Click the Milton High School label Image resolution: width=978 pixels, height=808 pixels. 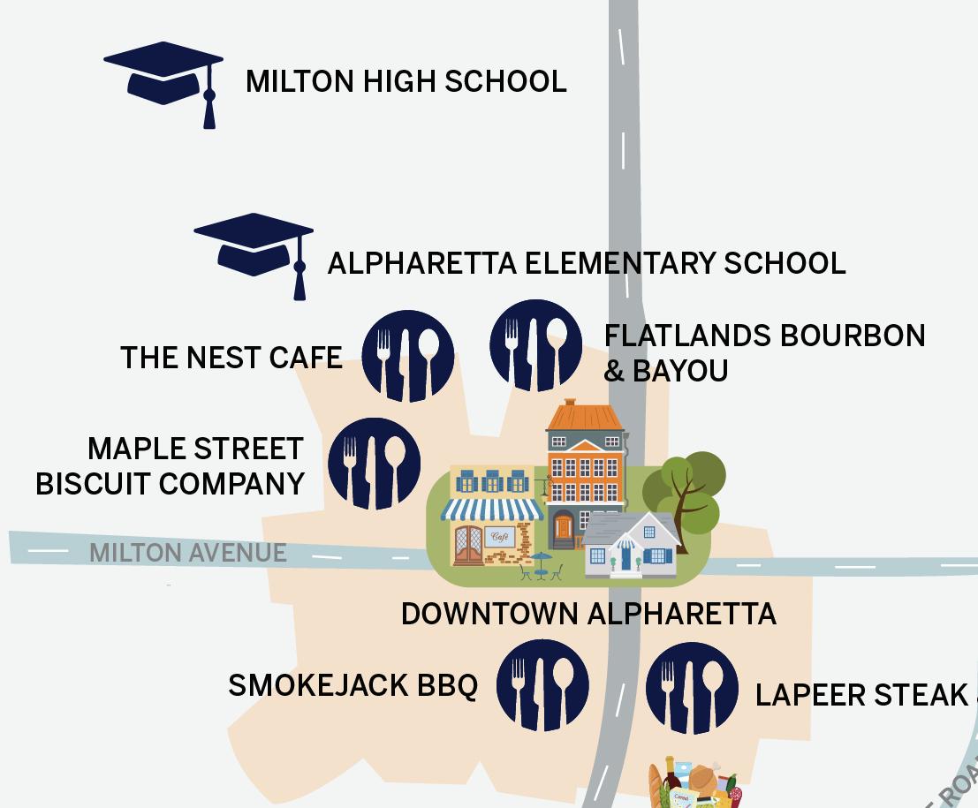click(406, 81)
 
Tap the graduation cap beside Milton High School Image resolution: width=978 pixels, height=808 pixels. click(164, 79)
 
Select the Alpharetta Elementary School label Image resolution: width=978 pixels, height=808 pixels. click(586, 263)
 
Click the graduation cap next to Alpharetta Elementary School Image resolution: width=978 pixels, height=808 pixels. click(254, 251)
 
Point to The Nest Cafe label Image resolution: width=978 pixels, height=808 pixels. click(231, 358)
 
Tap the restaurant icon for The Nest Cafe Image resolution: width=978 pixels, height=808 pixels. click(408, 356)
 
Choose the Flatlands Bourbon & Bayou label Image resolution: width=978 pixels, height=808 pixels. click(763, 352)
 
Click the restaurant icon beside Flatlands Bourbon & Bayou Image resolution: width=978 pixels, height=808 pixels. click(535, 345)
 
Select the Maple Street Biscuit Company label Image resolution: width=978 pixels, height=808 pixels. click(170, 465)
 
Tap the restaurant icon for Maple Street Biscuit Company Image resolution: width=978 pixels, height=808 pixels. click(374, 464)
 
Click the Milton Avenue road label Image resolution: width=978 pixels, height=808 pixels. click(187, 553)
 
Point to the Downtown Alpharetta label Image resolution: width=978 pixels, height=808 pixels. click(588, 614)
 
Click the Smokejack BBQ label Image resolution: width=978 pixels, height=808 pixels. click(353, 685)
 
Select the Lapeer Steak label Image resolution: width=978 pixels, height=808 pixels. click(861, 695)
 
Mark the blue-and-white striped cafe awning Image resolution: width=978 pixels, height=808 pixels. click(492, 510)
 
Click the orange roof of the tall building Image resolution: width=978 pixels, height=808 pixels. click(584, 416)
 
